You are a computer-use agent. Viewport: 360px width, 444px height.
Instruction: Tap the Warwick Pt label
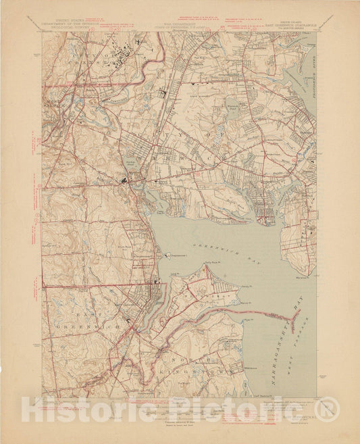click(x=302, y=276)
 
